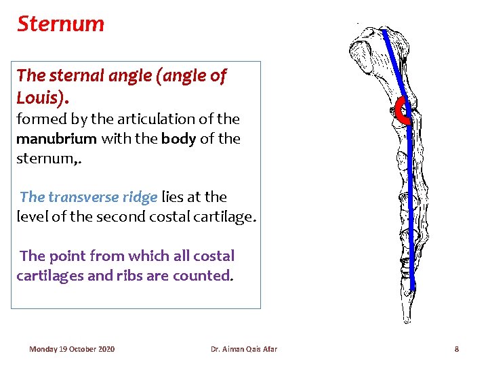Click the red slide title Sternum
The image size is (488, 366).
coord(60,24)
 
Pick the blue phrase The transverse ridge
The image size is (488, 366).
coord(89,197)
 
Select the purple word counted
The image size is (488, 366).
coord(209,276)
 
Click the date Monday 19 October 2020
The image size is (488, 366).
coord(72,349)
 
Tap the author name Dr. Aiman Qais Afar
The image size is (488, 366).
coord(244,349)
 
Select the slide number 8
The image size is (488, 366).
coord(456,349)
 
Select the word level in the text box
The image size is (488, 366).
coord(33,218)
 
